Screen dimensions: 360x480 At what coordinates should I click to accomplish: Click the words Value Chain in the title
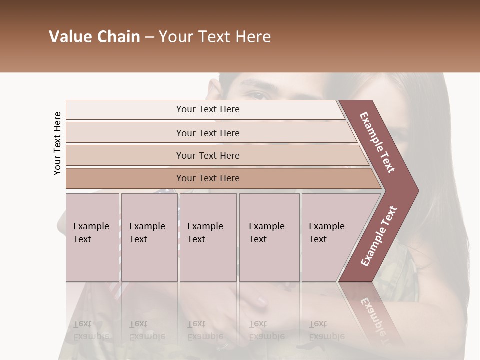(x=94, y=37)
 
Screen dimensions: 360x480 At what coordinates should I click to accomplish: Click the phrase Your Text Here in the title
(x=215, y=37)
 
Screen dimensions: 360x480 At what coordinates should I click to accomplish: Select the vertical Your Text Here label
(x=57, y=143)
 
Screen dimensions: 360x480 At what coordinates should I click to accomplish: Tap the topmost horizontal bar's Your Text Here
(x=208, y=109)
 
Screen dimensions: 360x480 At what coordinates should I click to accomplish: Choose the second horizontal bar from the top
(x=208, y=133)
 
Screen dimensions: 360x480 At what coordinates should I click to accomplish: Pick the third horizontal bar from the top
(x=208, y=155)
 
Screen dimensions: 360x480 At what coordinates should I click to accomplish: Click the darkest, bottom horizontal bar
(x=208, y=178)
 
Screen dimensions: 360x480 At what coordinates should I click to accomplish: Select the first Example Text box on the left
(x=92, y=237)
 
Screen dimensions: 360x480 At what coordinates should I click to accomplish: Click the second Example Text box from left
(x=149, y=237)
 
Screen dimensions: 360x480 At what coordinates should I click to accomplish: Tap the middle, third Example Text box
(x=208, y=237)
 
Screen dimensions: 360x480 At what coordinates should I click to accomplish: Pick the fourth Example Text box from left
(x=269, y=237)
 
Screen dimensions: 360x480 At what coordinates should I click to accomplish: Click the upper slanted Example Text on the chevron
(x=377, y=142)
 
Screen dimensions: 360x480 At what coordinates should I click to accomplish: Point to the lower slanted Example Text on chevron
(x=378, y=236)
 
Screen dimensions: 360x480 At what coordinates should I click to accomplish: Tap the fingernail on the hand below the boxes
(x=261, y=301)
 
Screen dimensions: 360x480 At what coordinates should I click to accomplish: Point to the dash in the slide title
(x=149, y=37)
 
